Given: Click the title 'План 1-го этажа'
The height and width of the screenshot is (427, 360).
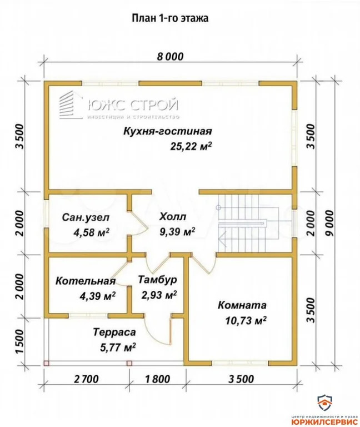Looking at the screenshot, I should [x=169, y=17].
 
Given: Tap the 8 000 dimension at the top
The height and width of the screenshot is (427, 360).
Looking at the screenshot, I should [x=169, y=57].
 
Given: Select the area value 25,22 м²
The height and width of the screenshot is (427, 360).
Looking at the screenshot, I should [x=191, y=147].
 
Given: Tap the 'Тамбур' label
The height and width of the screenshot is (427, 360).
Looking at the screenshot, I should [x=158, y=280].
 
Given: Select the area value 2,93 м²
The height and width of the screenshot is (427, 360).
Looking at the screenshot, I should [x=158, y=295].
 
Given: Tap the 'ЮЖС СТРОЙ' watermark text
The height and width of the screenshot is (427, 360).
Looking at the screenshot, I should [x=132, y=104].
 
